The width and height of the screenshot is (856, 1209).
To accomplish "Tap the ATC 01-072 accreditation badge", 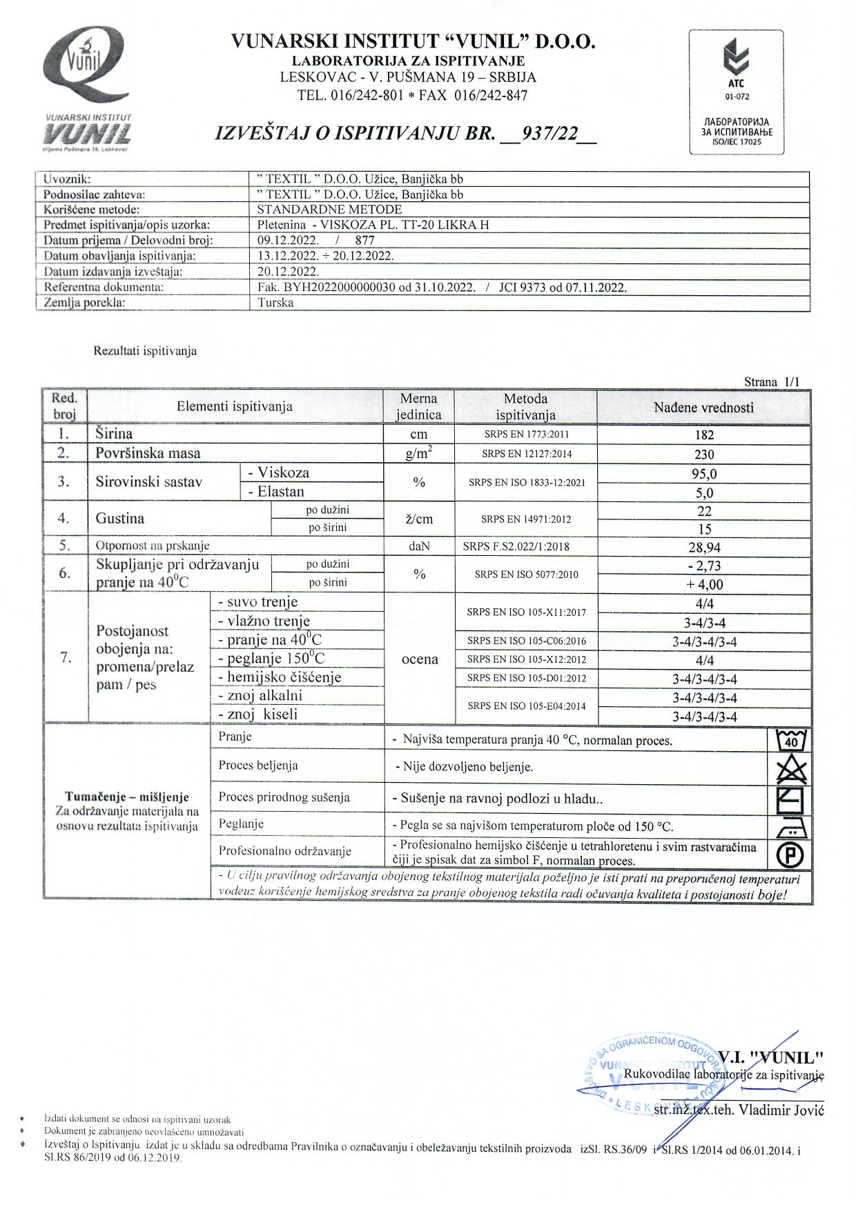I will click(x=736, y=91).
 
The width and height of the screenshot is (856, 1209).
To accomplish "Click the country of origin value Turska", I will click(x=275, y=303).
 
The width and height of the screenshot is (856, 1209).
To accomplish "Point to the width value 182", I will click(x=704, y=435).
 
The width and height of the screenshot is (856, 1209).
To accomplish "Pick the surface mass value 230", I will click(x=704, y=454).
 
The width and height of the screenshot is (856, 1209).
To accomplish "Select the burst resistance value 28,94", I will click(x=704, y=548).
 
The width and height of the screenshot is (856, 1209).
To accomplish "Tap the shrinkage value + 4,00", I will click(x=704, y=585).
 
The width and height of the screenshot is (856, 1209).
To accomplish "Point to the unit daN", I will click(x=419, y=546).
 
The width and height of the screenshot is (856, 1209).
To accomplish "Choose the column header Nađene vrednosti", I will click(x=703, y=408).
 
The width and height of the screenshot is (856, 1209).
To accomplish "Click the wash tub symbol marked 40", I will click(x=791, y=739).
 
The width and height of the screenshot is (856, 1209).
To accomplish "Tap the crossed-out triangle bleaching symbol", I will click(x=791, y=768).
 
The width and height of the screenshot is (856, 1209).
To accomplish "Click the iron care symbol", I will click(x=791, y=827).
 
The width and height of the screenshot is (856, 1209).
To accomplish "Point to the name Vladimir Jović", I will click(x=781, y=1110).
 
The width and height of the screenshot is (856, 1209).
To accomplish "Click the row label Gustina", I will click(x=120, y=519).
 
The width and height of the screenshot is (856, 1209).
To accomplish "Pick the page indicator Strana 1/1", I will click(x=772, y=382).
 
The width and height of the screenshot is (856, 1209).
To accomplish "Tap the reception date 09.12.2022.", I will click(x=288, y=241).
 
